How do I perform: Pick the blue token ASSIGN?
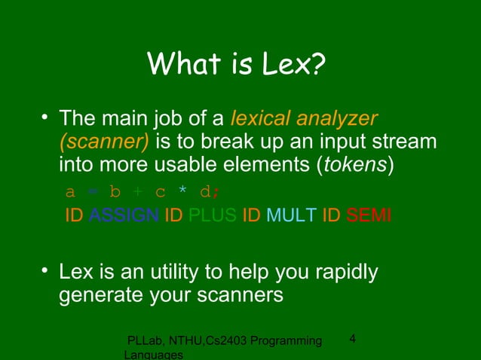(x=124, y=215)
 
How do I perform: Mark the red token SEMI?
(x=369, y=215)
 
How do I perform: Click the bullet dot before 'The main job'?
(x=45, y=118)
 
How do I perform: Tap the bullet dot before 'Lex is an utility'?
(x=45, y=270)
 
